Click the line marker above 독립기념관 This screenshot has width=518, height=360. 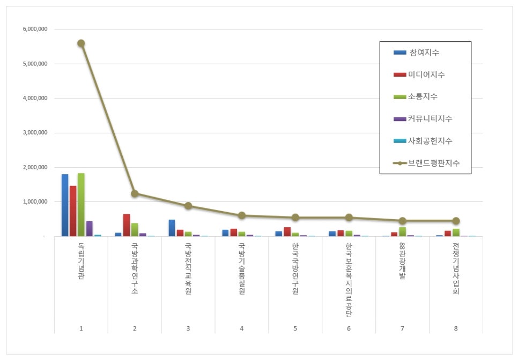coord(81,43)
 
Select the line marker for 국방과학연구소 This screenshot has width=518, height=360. coord(135,193)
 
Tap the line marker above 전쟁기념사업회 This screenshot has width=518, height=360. coord(456,221)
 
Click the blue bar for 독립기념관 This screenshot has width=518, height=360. coord(65,205)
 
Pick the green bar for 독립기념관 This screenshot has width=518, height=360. coord(81,205)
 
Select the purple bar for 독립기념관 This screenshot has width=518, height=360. coord(89,229)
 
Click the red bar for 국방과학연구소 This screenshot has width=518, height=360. coord(127,225)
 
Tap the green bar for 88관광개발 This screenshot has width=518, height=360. coord(402,231)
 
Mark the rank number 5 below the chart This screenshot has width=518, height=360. coord(295,328)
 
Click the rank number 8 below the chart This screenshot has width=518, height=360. coord(456,328)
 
